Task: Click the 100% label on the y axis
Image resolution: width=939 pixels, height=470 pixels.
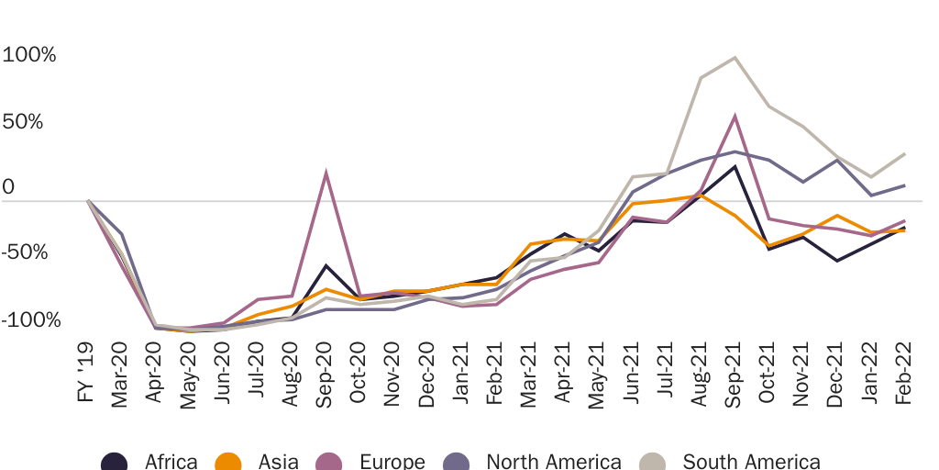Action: pyautogui.click(x=29, y=55)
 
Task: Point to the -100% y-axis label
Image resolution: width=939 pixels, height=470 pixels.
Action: pyautogui.click(x=31, y=320)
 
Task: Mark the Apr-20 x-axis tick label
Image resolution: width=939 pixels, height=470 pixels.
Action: pyautogui.click(x=155, y=377)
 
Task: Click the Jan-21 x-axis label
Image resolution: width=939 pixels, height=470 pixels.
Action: pyautogui.click(x=462, y=377)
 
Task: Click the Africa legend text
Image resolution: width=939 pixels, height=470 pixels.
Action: pyautogui.click(x=171, y=461)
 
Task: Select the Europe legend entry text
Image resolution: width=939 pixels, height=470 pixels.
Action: pyautogui.click(x=392, y=461)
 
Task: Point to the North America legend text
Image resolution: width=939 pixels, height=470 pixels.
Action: pyautogui.click(x=554, y=461)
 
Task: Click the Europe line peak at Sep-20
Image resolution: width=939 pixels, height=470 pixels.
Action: pyautogui.click(x=326, y=173)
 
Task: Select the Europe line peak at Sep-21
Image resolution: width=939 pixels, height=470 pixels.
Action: pyautogui.click(x=735, y=116)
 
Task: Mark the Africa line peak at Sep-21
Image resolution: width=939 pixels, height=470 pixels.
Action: pyautogui.click(x=735, y=166)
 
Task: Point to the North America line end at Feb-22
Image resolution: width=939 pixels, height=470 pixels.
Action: pyautogui.click(x=906, y=185)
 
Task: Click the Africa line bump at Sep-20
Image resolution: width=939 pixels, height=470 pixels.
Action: pyautogui.click(x=326, y=265)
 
